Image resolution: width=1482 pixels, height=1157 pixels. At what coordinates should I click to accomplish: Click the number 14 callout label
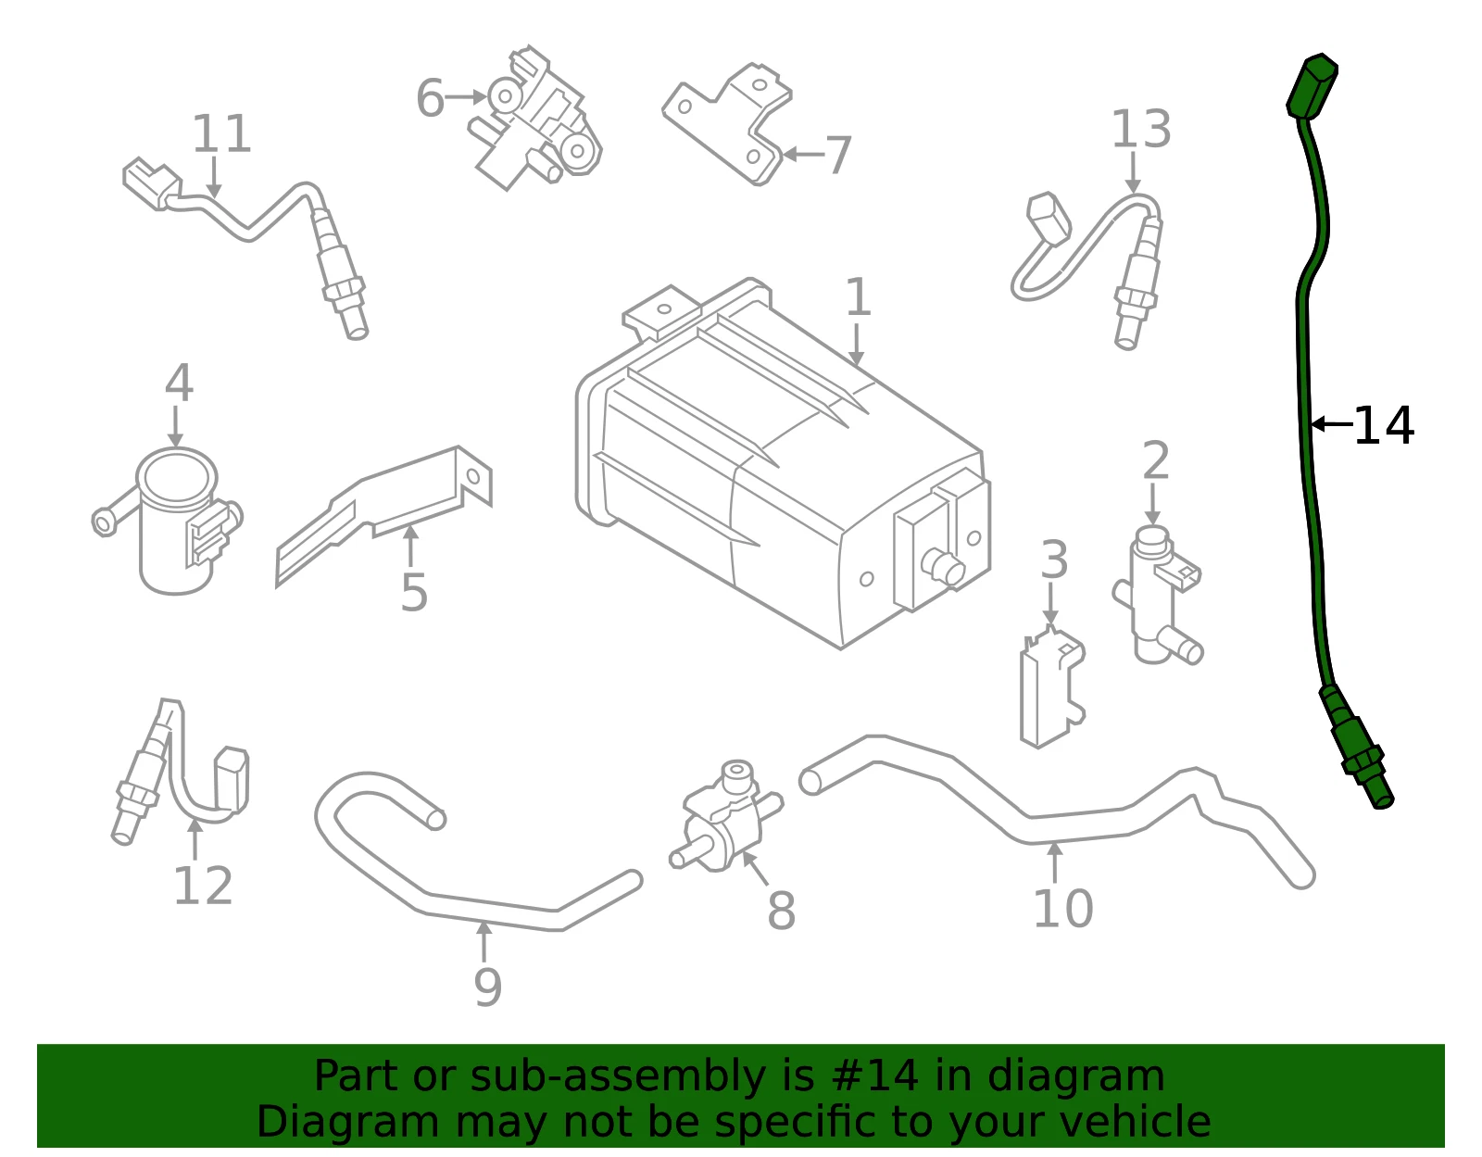pyautogui.click(x=1383, y=426)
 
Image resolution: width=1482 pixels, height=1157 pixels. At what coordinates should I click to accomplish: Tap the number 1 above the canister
pyautogui.click(x=858, y=297)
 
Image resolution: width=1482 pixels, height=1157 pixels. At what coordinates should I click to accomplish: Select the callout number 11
pyautogui.click(x=221, y=133)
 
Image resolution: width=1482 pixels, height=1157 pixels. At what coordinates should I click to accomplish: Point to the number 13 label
pyautogui.click(x=1141, y=129)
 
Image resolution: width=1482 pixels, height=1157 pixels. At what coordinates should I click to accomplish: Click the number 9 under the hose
pyautogui.click(x=487, y=987)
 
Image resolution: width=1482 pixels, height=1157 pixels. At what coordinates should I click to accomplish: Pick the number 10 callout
pyautogui.click(x=1063, y=909)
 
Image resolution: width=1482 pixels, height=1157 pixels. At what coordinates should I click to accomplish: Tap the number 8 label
pyautogui.click(x=781, y=911)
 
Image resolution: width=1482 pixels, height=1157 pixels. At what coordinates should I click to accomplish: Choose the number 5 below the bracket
pyautogui.click(x=414, y=592)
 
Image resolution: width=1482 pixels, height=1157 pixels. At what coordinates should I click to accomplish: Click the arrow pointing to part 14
pyautogui.click(x=1332, y=424)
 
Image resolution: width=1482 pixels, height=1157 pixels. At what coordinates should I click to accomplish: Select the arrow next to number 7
pyautogui.click(x=803, y=154)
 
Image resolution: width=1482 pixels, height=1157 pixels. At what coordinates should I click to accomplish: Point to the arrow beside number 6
pyautogui.click(x=466, y=97)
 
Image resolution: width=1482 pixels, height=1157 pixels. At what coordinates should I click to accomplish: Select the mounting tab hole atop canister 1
pyautogui.click(x=663, y=309)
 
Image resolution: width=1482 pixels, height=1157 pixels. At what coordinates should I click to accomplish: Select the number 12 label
pyautogui.click(x=203, y=886)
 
